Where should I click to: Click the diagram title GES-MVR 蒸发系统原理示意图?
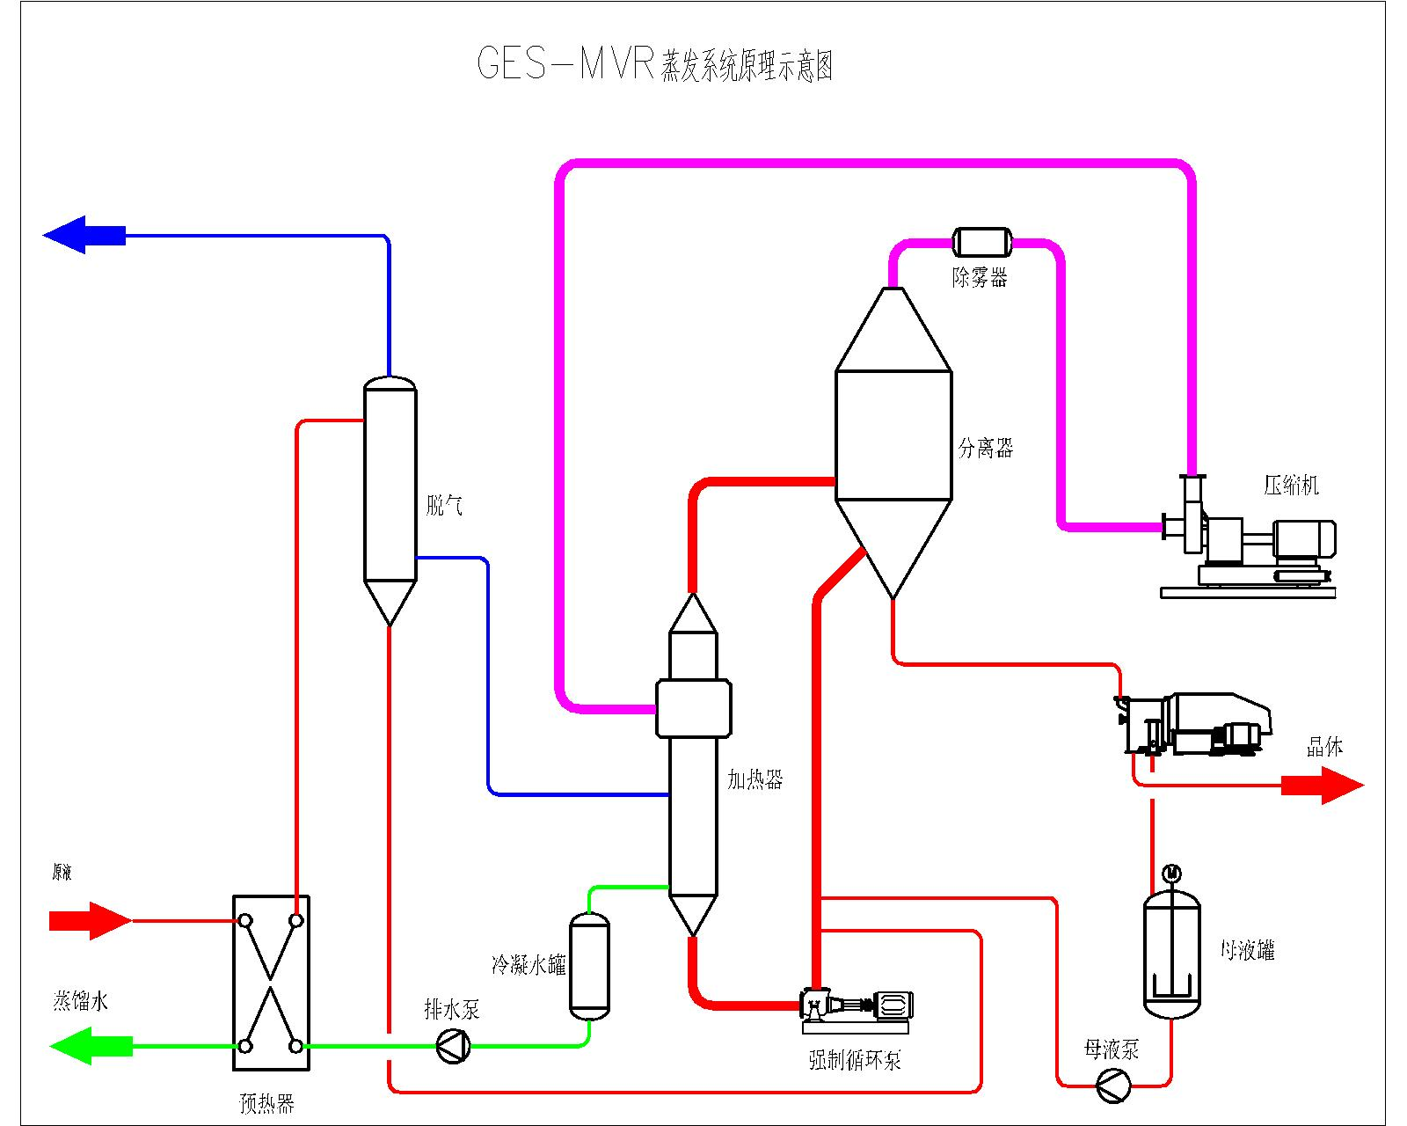(655, 64)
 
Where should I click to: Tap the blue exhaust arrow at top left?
(84, 235)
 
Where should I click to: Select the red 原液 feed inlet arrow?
(90, 920)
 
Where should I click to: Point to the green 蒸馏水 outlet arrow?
(91, 1046)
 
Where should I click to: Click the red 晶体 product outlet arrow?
(1322, 784)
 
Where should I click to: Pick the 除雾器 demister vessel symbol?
(981, 242)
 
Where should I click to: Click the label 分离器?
(985, 448)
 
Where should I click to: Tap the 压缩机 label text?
(1291, 485)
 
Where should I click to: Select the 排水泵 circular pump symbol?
(454, 1047)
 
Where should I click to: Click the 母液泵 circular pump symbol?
(1113, 1085)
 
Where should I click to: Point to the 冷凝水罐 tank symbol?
(589, 966)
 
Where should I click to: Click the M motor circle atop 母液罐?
(1171, 874)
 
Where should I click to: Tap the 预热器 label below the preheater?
(266, 1103)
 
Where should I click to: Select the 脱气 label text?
(444, 505)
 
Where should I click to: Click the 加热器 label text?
(755, 779)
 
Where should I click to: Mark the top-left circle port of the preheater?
(245, 921)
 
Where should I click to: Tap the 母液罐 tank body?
(1171, 954)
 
